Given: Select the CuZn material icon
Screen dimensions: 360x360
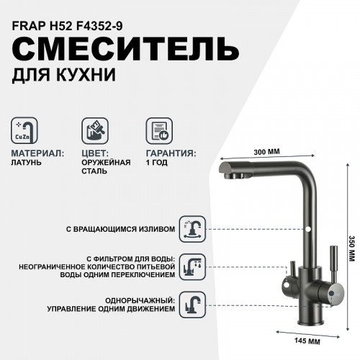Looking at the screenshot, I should coord(27,131).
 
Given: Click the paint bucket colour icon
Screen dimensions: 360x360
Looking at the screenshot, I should coord(94,131).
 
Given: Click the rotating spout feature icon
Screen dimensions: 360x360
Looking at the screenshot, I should coord(191,228).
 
